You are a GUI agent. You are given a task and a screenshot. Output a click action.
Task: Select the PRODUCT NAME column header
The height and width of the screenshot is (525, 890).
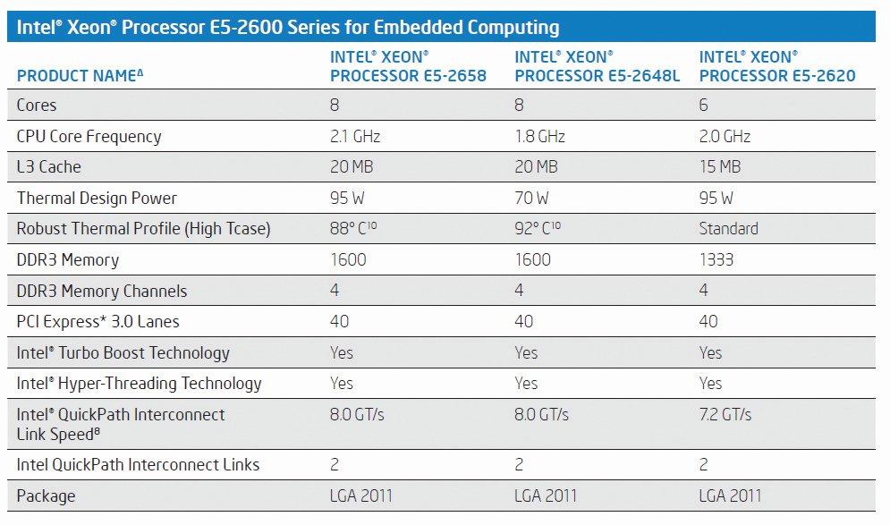80,76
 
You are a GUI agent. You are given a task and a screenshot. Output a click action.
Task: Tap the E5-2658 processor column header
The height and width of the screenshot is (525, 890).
408,66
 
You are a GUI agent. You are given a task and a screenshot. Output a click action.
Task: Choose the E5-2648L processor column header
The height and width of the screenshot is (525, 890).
597,66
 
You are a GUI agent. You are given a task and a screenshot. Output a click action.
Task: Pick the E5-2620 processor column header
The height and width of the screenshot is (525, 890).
776,66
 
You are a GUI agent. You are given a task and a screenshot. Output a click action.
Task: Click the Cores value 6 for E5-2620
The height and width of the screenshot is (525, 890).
704,106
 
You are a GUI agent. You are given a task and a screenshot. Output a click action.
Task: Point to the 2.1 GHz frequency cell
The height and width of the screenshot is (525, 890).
355,137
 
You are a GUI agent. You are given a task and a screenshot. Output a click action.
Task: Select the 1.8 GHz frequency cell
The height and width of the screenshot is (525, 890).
539,137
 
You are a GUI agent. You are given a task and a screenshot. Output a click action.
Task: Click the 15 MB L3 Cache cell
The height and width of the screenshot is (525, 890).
720,167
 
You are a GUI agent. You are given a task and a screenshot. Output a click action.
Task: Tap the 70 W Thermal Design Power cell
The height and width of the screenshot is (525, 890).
532,199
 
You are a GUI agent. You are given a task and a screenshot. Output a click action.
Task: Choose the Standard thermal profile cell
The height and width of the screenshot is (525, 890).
728,229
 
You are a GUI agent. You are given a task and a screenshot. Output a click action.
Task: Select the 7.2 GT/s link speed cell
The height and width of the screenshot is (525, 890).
725,414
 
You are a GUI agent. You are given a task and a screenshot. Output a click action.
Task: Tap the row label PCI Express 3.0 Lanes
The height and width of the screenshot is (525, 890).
98,321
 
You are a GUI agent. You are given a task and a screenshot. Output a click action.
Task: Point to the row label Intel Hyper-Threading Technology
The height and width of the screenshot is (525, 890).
139,383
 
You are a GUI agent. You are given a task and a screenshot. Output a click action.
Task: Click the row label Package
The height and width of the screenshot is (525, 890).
46,495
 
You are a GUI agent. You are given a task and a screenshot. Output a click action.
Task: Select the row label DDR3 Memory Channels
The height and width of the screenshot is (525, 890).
103,291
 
